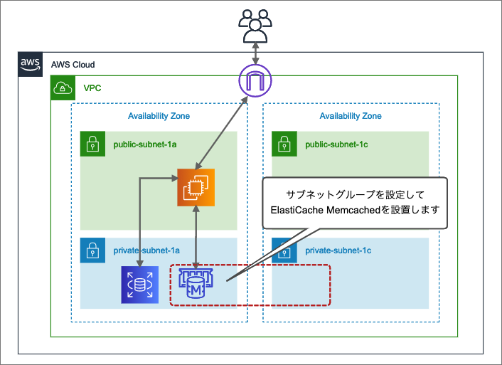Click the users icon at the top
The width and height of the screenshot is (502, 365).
pyautogui.click(x=254, y=27)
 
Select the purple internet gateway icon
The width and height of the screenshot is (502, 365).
pyautogui.click(x=255, y=80)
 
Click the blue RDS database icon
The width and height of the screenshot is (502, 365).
pyautogui.click(x=139, y=285)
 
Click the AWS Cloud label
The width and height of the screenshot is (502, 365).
pyautogui.click(x=73, y=64)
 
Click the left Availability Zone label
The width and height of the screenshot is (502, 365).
pyautogui.click(x=159, y=116)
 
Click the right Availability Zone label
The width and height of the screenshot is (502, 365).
pyautogui.click(x=351, y=116)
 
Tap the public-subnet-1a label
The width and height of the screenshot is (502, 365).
pyautogui.click(x=145, y=145)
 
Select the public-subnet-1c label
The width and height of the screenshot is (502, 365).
pyautogui.click(x=337, y=145)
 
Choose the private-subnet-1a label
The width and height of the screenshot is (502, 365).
pyautogui.click(x=146, y=251)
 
